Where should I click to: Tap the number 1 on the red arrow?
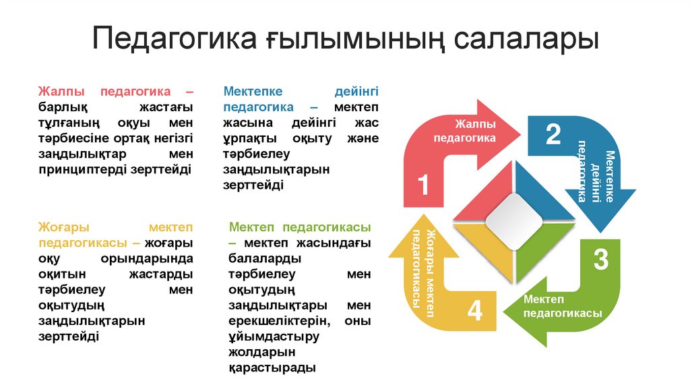coord(423,185)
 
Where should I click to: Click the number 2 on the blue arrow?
coord(553,135)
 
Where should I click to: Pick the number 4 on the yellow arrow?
coord(475,311)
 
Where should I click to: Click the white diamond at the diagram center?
coord(513,220)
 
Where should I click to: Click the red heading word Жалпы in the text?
coord(59,91)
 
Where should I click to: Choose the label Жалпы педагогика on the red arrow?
coord(464,131)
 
